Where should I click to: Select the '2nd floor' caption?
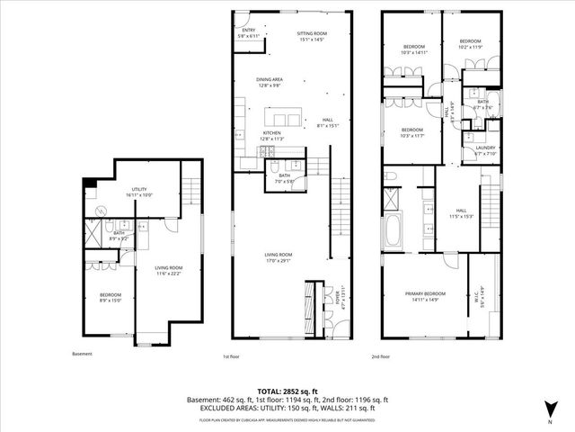(x=381, y=356)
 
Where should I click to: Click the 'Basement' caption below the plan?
(x=82, y=354)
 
